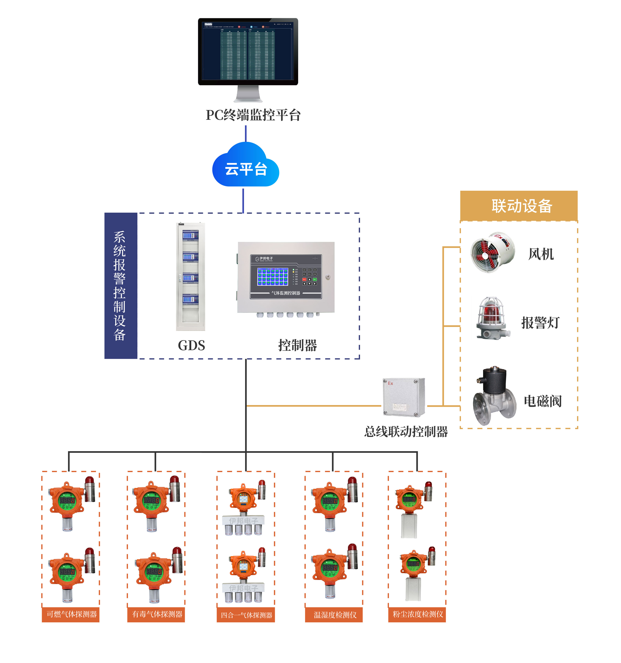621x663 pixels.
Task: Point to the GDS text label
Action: point(191,345)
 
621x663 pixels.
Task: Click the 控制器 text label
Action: point(297,345)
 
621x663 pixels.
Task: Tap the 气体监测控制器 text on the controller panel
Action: point(286,293)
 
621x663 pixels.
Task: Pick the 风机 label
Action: point(541,254)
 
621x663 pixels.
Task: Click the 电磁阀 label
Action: point(542,401)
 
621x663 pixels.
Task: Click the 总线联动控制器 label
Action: point(406,432)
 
